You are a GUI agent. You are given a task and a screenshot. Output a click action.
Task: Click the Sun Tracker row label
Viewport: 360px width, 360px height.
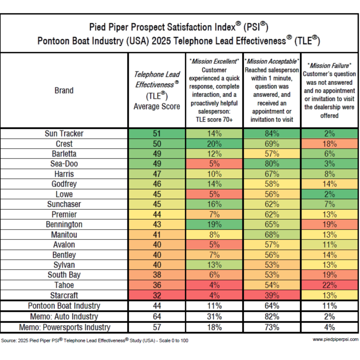click(64, 133)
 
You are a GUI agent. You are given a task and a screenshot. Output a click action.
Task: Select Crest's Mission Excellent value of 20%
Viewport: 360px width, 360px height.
click(214, 144)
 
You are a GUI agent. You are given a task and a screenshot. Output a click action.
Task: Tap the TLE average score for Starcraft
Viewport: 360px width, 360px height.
click(157, 295)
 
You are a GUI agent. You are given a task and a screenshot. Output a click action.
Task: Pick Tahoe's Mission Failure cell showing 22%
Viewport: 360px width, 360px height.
click(329, 285)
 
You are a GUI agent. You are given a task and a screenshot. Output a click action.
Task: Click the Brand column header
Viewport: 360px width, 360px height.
click(64, 90)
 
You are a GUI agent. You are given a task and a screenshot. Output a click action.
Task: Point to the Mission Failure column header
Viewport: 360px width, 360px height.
click(329, 90)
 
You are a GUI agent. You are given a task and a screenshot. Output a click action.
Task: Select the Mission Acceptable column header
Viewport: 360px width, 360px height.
click(272, 90)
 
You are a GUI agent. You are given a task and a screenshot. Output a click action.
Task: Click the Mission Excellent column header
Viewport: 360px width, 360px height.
click(214, 90)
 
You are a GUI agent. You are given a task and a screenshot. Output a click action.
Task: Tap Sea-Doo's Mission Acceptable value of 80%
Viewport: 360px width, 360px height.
click(272, 164)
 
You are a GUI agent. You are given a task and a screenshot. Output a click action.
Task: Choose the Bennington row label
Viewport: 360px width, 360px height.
click(64, 224)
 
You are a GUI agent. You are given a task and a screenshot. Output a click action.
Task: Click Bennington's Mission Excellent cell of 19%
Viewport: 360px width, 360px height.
click(214, 224)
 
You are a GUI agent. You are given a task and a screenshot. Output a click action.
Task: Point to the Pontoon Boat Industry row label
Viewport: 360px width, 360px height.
click(64, 306)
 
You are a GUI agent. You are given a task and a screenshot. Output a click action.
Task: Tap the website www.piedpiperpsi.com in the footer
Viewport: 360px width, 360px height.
click(335, 339)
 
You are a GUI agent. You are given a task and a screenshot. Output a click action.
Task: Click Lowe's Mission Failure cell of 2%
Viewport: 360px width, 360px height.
click(329, 194)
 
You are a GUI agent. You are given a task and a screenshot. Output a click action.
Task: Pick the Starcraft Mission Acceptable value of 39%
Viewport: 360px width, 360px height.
click(272, 295)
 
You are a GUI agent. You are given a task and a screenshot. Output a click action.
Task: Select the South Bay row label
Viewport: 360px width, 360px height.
click(64, 275)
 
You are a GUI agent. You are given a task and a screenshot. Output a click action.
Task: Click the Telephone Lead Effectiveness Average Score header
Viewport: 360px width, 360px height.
click(157, 90)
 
